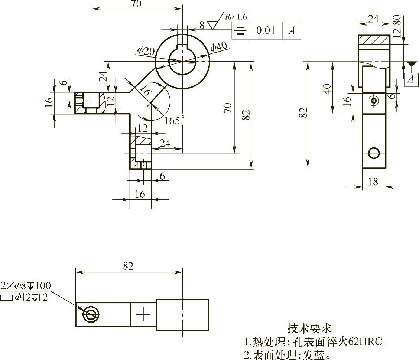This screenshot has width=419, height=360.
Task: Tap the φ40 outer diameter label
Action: (219, 47)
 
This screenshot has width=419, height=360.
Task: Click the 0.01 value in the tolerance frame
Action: (266, 30)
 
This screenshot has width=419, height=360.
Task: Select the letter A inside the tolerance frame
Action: (292, 31)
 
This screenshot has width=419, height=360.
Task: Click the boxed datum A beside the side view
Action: (410, 79)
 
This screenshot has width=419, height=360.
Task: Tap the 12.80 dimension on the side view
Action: (396, 26)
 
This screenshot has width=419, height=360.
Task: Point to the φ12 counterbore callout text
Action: (31, 297)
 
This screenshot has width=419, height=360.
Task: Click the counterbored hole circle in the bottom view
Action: (91, 315)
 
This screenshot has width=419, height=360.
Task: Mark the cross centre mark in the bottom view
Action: (143, 315)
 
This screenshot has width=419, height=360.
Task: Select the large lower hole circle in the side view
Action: (374, 153)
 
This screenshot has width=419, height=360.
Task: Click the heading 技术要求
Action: (309, 328)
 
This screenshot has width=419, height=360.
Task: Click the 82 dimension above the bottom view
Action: (128, 266)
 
